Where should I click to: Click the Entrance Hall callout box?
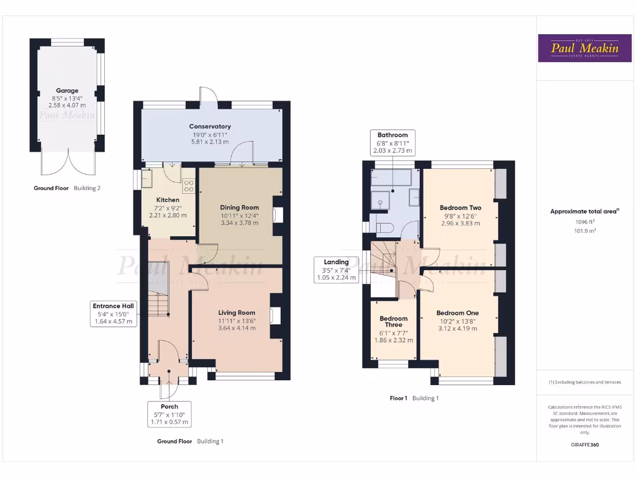pos(114,314)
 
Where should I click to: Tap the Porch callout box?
pos(169,414)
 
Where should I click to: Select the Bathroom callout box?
pos(393,143)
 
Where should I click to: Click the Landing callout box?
pos(336,270)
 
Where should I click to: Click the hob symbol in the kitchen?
pos(188,186)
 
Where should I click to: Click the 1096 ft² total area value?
pos(584,222)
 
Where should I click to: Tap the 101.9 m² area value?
pos(584,230)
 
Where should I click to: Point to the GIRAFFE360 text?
pos(584,445)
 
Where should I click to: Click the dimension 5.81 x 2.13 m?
pos(210,142)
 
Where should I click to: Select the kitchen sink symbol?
pos(149,181)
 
